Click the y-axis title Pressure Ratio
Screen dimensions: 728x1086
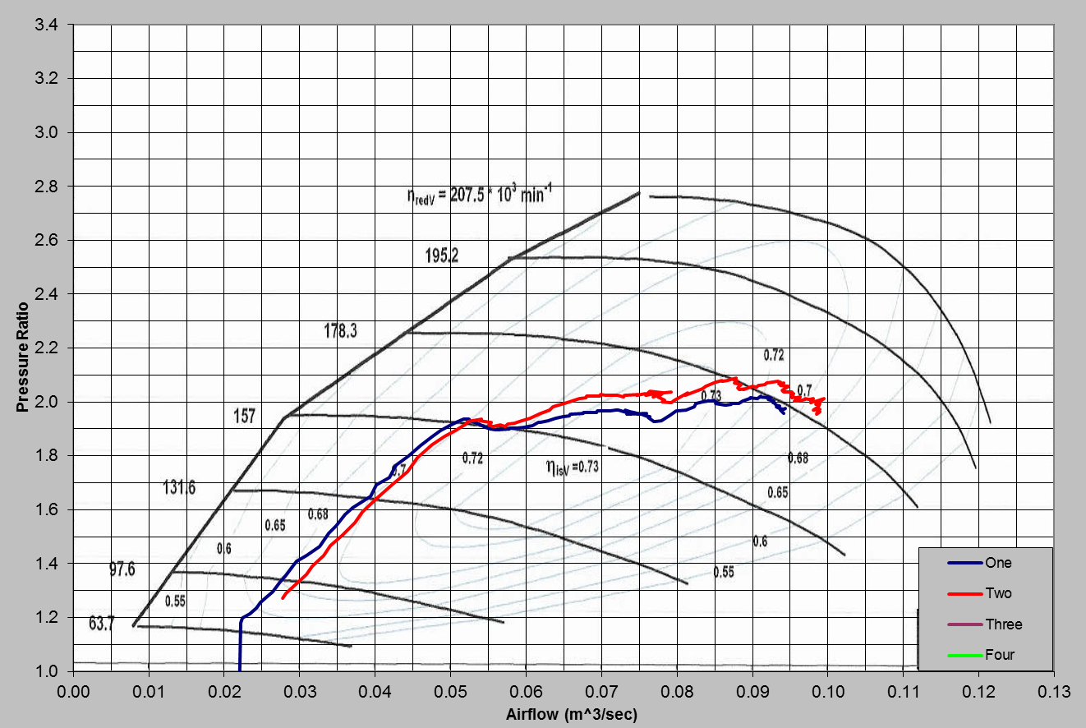[x=23, y=357]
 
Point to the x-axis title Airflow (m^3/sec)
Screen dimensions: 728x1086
[x=571, y=713]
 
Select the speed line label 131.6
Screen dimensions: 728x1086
[x=178, y=488]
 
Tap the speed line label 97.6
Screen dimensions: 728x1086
[x=122, y=569]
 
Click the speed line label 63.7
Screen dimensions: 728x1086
[x=101, y=624]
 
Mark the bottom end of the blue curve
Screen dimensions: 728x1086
[x=239, y=669]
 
